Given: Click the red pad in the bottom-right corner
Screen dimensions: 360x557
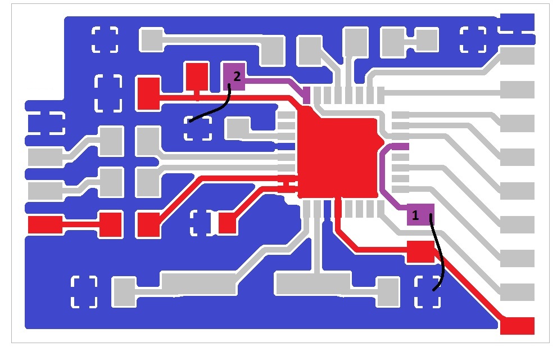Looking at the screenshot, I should pyautogui.click(x=517, y=326).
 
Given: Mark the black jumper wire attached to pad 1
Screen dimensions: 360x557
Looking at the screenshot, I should pyautogui.click(x=438, y=253).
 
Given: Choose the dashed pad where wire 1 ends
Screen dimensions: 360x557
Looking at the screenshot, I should pyautogui.click(x=427, y=291).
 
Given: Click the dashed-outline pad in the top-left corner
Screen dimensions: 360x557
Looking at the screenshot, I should pyautogui.click(x=105, y=39).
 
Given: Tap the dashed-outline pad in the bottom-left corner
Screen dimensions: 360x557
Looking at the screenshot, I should pyautogui.click(x=84, y=291).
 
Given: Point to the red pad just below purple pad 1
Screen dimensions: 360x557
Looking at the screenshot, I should pyautogui.click(x=420, y=251).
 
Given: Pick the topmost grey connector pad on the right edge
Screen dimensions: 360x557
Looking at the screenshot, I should pyautogui.click(x=517, y=56).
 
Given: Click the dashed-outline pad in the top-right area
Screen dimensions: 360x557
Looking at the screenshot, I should pyautogui.click(x=473, y=39).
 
